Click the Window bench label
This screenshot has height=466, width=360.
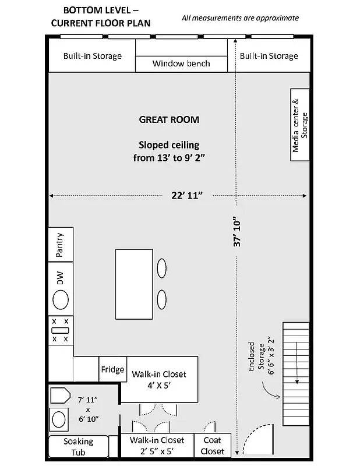(181, 63)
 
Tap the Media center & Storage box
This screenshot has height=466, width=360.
(299, 125)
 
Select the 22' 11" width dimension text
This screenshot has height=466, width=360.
(186, 196)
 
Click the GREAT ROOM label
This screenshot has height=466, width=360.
(169, 120)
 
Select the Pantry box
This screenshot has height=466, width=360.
(60, 244)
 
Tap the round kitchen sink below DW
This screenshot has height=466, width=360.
(61, 301)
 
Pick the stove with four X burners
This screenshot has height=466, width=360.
(60, 330)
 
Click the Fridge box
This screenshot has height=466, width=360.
(112, 369)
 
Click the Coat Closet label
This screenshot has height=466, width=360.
(213, 446)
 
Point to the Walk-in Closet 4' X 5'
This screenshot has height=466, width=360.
(159, 379)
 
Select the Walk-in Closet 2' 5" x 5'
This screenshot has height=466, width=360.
(157, 446)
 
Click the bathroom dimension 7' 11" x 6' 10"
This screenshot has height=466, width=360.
(89, 409)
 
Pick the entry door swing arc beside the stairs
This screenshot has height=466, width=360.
(256, 440)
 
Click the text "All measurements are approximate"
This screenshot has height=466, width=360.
(240, 18)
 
